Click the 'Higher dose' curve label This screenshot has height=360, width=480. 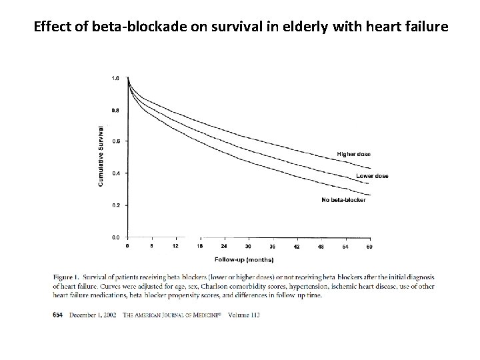(353, 154)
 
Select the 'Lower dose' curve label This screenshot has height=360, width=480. (372, 176)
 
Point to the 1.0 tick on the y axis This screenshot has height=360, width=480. (115, 78)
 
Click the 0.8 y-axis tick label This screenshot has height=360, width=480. (115, 110)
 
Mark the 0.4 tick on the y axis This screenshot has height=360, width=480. (115, 173)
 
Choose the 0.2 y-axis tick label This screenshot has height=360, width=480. (115, 205)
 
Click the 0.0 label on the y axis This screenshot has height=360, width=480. (115, 237)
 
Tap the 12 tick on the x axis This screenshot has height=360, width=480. (175, 247)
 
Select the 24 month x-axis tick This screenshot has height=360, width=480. (224, 247)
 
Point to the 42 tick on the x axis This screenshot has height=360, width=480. (297, 247)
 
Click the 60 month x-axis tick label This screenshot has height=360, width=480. (369, 247)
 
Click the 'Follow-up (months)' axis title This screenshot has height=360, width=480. (243, 259)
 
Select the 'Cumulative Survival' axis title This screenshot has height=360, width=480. (101, 157)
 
